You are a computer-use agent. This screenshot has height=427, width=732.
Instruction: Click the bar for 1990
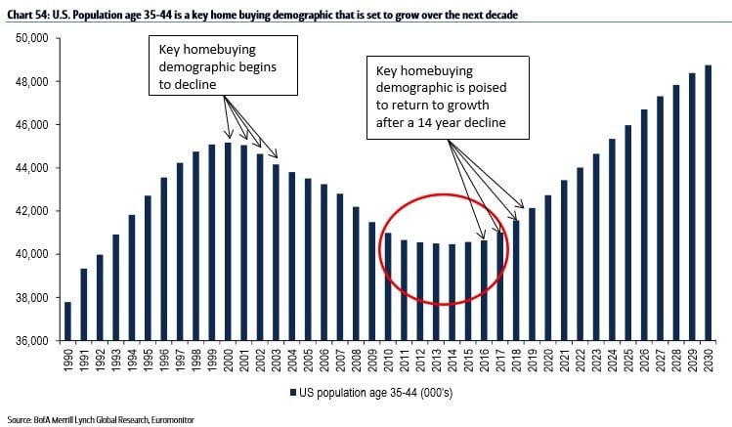[67, 321]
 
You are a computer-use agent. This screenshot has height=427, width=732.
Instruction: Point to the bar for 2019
[532, 275]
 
